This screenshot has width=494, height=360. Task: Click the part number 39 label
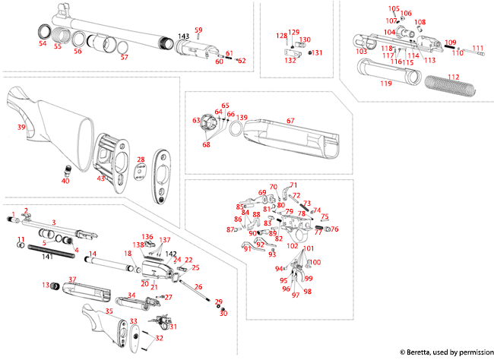(22, 128)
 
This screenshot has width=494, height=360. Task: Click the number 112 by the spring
(454, 76)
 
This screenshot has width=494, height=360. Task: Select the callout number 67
(290, 121)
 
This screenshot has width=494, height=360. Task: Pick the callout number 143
(183, 36)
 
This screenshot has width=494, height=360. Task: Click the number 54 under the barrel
(43, 44)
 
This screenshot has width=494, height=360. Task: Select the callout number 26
(198, 287)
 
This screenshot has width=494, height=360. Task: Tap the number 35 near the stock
(108, 311)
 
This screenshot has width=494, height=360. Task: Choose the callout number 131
(318, 53)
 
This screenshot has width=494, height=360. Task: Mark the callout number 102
(292, 245)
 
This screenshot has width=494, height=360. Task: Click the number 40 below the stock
(65, 181)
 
